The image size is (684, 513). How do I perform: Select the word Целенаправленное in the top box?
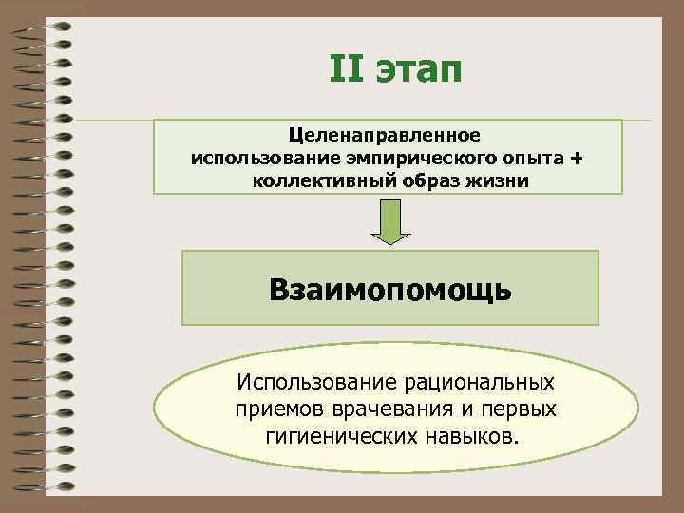tap(388, 138)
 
